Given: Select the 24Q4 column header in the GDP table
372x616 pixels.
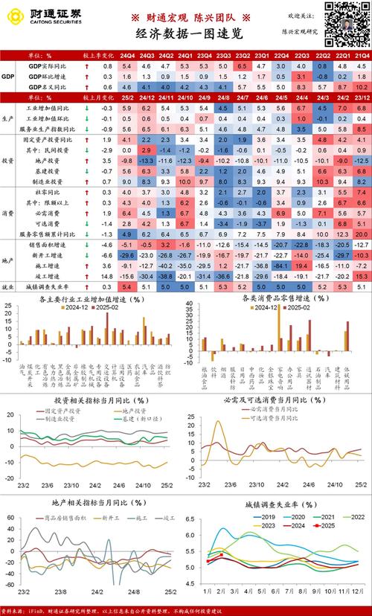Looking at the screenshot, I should (x=127, y=56).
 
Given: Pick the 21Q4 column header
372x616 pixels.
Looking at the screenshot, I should (x=362, y=56).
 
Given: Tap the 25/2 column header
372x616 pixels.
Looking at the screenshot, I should (x=127, y=97).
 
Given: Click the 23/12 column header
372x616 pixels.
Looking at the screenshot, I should (x=362, y=97).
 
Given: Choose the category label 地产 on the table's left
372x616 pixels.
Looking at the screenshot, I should (x=8, y=259).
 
